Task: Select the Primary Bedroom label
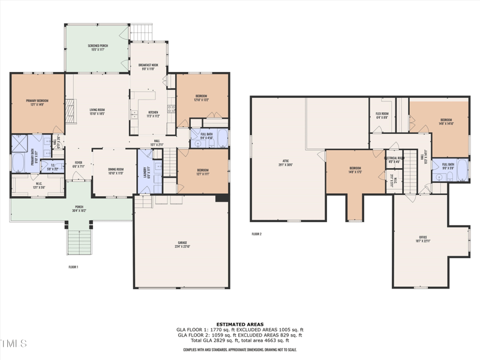point(37,102)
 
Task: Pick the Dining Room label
point(115,171)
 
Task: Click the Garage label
point(182,245)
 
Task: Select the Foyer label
point(78,164)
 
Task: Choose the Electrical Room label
point(394,160)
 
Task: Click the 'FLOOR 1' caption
point(73,266)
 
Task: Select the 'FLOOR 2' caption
point(256,234)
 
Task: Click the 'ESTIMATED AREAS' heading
point(239,324)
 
